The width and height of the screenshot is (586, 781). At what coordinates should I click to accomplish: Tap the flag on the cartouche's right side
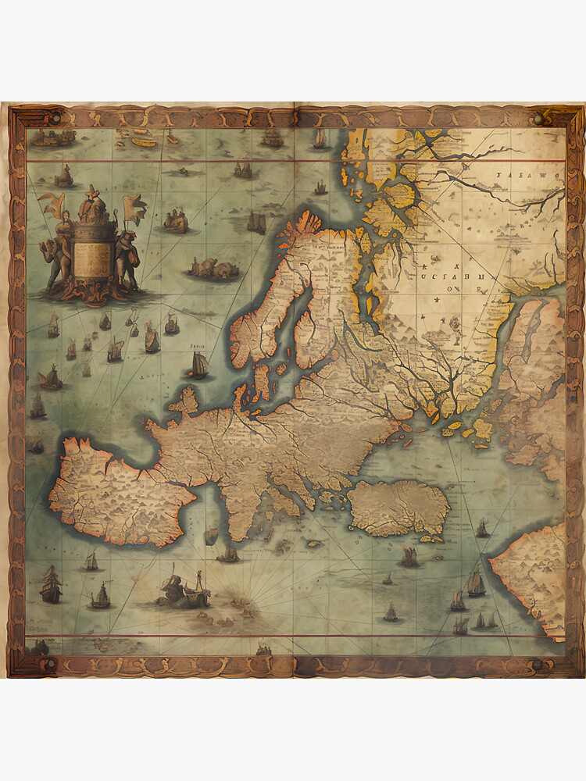click(134, 209)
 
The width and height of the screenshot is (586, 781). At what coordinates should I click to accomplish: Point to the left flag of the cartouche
click(52, 205)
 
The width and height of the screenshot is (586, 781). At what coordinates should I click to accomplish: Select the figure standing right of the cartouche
click(127, 258)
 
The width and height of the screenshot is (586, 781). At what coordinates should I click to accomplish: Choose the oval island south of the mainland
click(398, 508)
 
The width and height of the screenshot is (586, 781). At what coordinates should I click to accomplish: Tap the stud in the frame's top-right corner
click(537, 119)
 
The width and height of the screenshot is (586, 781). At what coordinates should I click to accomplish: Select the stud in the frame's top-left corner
click(54, 119)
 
